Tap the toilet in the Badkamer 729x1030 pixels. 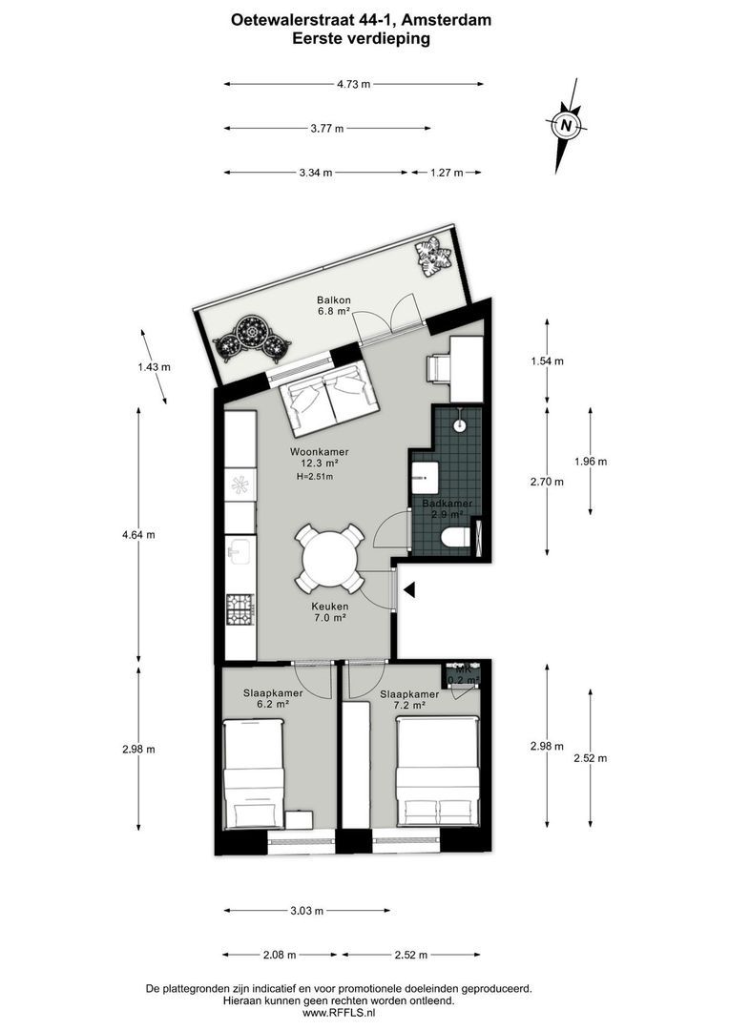tap(457, 537)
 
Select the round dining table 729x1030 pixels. tap(328, 558)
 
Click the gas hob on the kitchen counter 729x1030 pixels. tap(240, 608)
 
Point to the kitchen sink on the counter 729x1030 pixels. tap(240, 550)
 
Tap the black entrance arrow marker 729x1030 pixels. tap(408, 591)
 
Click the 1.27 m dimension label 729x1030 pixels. tap(446, 173)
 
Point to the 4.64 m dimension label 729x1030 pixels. tap(138, 534)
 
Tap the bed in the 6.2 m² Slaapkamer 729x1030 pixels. tap(254, 774)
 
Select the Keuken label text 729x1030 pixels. tap(328, 606)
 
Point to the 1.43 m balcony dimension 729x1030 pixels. tap(154, 366)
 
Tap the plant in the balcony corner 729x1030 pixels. tap(433, 256)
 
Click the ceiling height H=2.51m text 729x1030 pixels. tap(315, 477)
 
